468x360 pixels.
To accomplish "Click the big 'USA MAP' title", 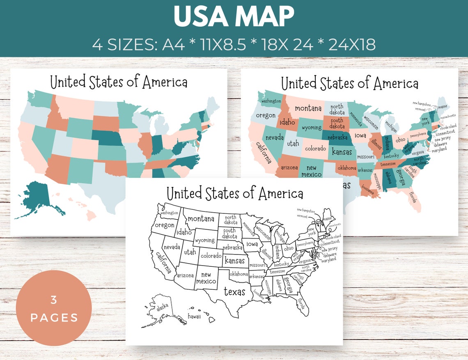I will click(x=234, y=17).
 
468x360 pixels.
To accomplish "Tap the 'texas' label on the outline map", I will click(x=234, y=292).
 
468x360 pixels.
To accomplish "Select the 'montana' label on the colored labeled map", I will click(x=308, y=108).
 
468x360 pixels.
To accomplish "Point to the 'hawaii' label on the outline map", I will click(x=194, y=316).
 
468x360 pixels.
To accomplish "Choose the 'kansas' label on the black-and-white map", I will click(x=235, y=261).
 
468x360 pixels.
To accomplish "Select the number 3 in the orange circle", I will click(x=54, y=300).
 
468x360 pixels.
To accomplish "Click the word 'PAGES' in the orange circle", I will click(x=54, y=318).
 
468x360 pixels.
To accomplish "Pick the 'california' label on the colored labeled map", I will click(x=264, y=152).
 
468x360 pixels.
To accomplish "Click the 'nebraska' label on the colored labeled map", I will click(x=335, y=137).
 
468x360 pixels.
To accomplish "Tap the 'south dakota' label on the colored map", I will click(x=337, y=123).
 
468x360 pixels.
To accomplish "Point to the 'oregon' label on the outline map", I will click(x=164, y=225).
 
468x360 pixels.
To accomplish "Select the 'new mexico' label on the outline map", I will click(x=206, y=278).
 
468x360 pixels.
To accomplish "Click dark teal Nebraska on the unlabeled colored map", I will click(x=108, y=138).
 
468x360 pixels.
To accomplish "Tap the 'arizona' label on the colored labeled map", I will click(x=289, y=167).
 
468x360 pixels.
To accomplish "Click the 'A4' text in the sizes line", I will click(x=174, y=44).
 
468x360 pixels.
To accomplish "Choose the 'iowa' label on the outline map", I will click(x=252, y=244).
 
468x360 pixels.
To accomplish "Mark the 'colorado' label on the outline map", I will click(x=211, y=256).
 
